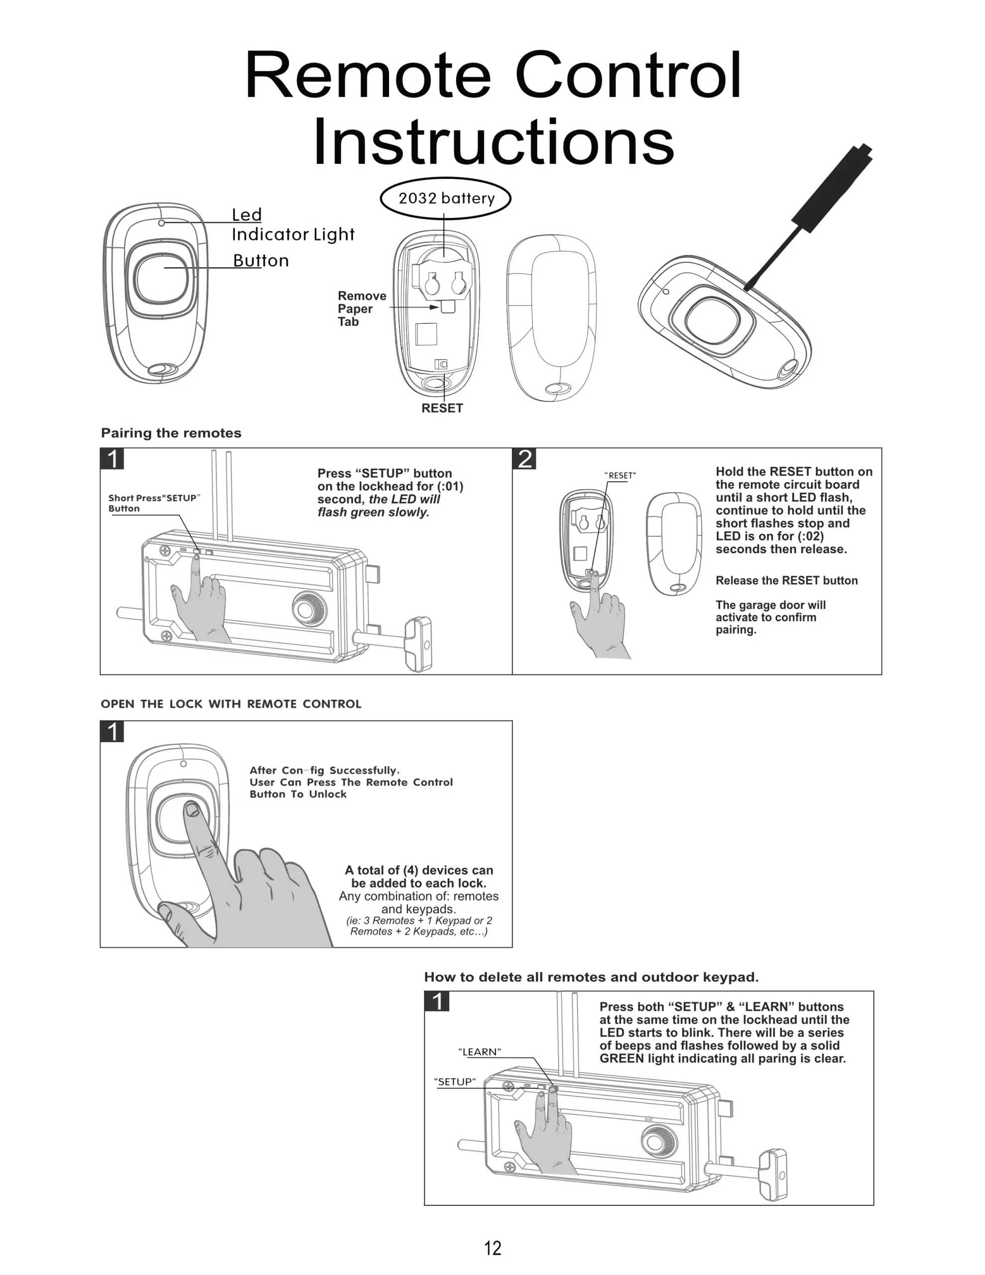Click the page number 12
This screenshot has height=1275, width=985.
click(x=492, y=1248)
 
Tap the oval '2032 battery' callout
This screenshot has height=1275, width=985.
click(x=446, y=199)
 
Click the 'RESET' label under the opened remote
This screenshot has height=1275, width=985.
click(x=442, y=408)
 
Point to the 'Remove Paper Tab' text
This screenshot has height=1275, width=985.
click(x=362, y=308)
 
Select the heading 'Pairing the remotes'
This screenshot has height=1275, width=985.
click(x=171, y=433)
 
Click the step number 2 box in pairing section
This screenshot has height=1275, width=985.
click(x=525, y=459)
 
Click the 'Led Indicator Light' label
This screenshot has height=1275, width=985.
click(x=292, y=225)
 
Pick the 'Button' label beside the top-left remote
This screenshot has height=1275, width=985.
click(x=260, y=260)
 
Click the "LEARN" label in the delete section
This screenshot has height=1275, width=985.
click(x=480, y=1051)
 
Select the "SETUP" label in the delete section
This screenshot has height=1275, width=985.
click(x=455, y=1081)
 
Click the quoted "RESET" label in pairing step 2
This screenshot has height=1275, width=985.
click(x=619, y=475)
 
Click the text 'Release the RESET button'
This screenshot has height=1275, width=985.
click(x=786, y=580)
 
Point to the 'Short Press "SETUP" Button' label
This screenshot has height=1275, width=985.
click(x=153, y=503)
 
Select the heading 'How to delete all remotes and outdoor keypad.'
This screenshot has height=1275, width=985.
click(x=591, y=977)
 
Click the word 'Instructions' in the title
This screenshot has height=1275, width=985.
click(x=493, y=142)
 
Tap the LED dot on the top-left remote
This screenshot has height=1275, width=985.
click(x=161, y=223)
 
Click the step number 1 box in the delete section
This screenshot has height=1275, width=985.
click(x=437, y=1002)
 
